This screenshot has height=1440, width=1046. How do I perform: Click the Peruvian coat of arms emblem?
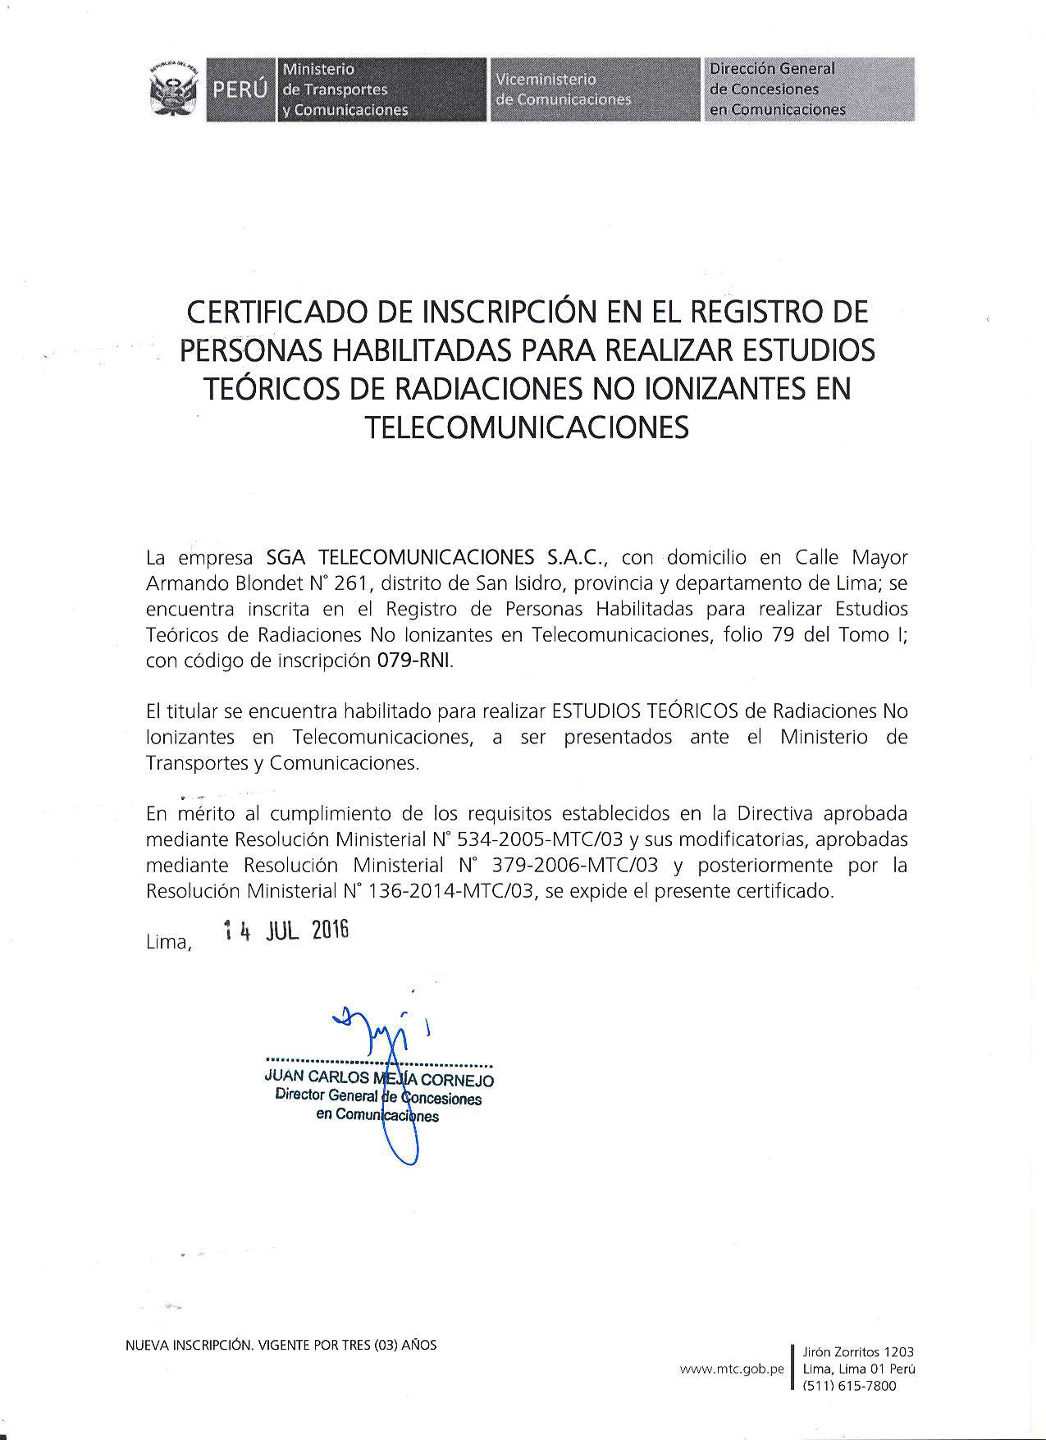point(174,89)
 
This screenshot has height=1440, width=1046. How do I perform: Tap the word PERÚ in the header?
point(240,90)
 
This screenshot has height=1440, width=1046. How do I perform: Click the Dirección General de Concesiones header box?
point(808,89)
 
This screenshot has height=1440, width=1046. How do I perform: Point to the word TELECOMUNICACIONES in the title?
point(526,427)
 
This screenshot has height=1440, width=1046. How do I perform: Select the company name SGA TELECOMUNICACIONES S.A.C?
point(436,558)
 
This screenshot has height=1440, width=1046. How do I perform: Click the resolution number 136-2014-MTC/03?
point(453,891)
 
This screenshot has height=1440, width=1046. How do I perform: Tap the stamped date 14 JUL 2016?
point(286,931)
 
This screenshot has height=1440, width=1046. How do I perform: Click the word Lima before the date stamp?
point(168,943)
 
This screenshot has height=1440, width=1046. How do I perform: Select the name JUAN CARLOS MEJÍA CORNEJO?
point(379,1080)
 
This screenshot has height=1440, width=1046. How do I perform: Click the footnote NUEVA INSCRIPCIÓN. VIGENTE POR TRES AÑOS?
point(281,1345)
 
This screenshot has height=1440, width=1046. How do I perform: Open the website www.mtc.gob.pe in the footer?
point(732,1369)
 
